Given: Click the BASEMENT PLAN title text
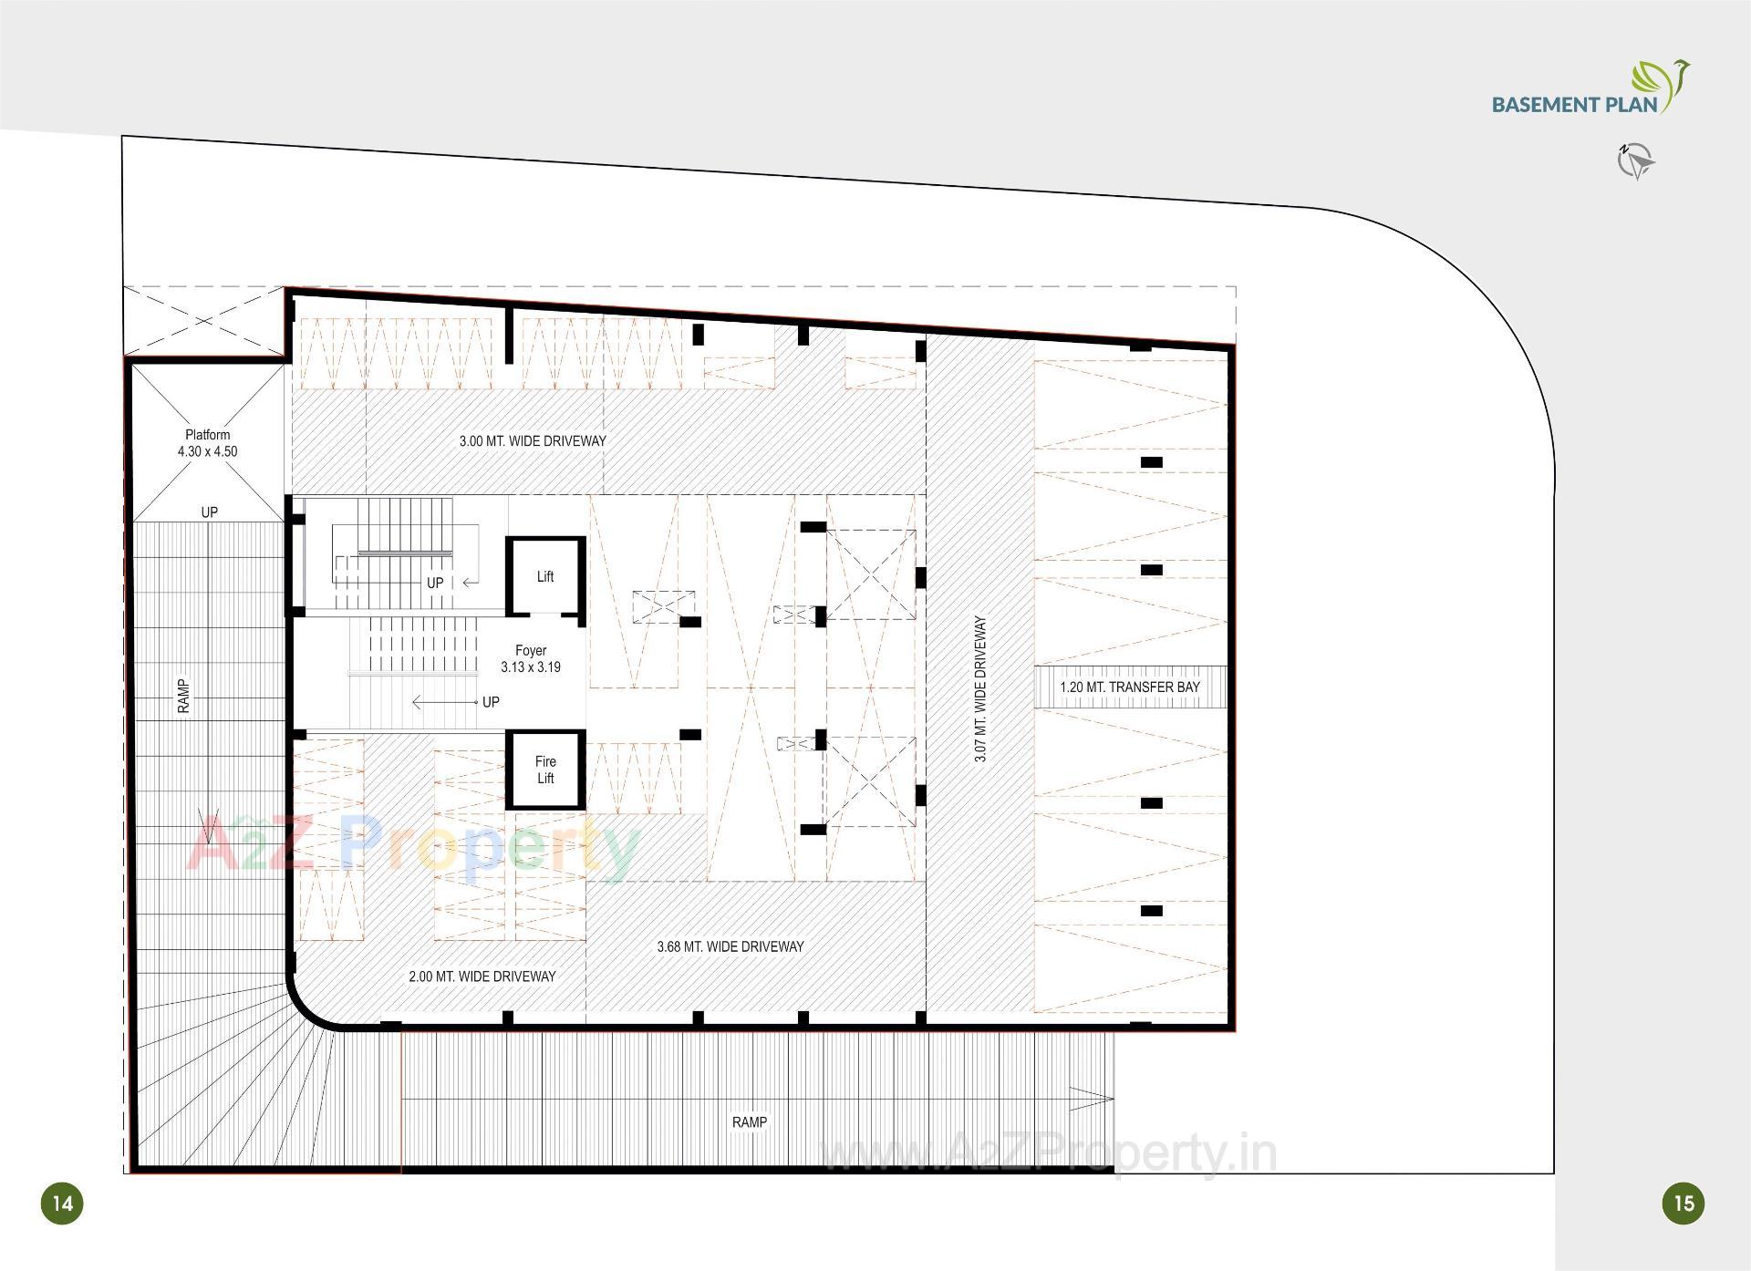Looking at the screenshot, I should (x=1574, y=104).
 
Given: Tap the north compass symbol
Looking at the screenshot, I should (x=1635, y=161).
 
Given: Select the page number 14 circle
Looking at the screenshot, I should (x=62, y=1203).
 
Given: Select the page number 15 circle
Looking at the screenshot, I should (x=1684, y=1203).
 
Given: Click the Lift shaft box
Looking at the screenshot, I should (x=545, y=576).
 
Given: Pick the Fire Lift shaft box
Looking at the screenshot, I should (x=545, y=770).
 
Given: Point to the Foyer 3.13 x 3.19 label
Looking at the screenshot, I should (x=531, y=659).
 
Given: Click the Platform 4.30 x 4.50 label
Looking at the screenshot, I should (x=208, y=443).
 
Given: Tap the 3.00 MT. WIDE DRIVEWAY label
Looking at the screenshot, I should (x=533, y=441).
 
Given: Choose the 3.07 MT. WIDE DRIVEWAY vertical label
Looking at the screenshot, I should (x=980, y=689).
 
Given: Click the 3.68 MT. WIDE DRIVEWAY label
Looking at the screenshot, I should (x=730, y=946).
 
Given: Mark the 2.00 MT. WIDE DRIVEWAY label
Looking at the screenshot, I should (x=482, y=976).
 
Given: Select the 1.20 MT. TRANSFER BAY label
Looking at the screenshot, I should (x=1130, y=687).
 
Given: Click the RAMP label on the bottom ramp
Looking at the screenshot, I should (x=750, y=1122).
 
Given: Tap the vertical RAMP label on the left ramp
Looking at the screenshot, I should (x=184, y=696).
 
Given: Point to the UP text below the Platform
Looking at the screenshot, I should (x=210, y=512).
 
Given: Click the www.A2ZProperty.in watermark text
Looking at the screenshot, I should (x=1049, y=1156).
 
